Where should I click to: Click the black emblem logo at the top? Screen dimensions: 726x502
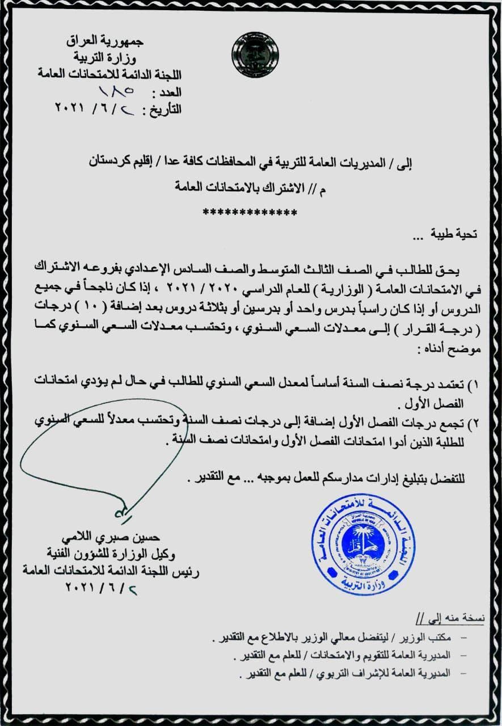coord(255,55)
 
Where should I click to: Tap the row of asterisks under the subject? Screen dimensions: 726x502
coord(250,213)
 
